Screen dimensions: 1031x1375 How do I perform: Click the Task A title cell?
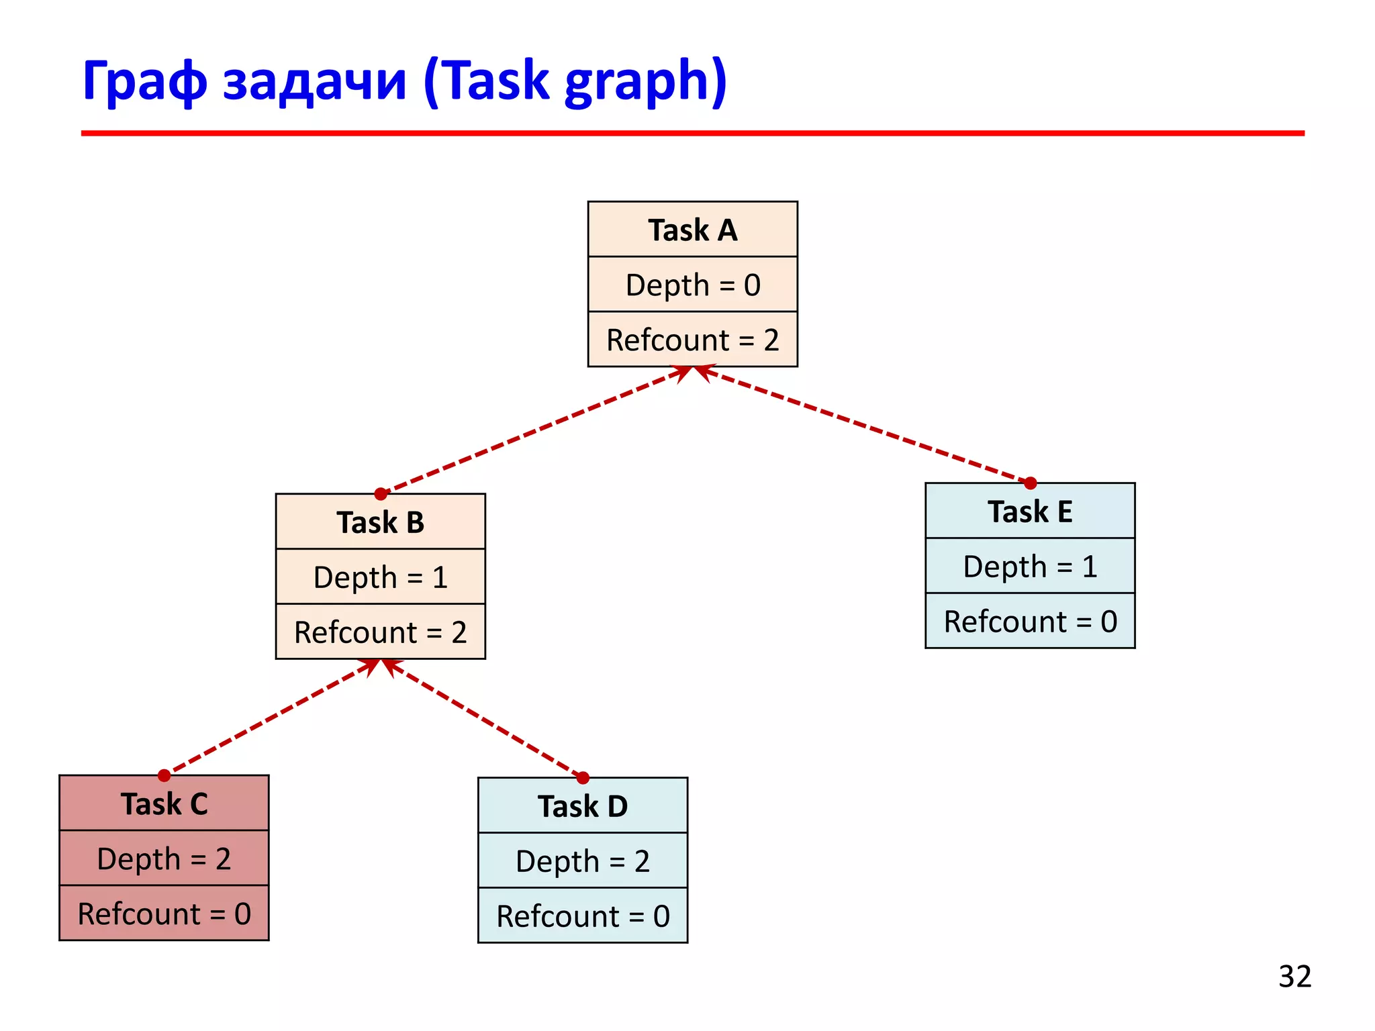(x=692, y=230)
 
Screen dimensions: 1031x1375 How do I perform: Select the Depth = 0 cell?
(x=692, y=285)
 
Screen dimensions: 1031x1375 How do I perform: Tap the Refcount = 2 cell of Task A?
(x=692, y=340)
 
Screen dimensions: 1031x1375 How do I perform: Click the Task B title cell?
(x=380, y=522)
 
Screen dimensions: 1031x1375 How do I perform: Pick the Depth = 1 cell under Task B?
(x=380, y=577)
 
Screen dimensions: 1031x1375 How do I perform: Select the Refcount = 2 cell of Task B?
(x=380, y=632)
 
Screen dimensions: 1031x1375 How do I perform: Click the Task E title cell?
(x=1030, y=511)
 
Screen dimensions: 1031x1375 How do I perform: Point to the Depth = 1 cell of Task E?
(x=1030, y=566)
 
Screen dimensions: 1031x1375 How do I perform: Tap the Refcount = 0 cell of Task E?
(x=1030, y=621)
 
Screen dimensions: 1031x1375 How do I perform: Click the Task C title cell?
(x=164, y=803)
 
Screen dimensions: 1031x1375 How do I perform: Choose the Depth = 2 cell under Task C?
(x=164, y=858)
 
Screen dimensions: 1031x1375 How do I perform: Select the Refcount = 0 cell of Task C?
(x=164, y=914)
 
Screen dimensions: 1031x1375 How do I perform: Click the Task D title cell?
(x=582, y=805)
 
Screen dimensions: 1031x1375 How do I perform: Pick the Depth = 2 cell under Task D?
(x=582, y=861)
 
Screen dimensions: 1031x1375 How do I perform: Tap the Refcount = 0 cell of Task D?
(x=582, y=916)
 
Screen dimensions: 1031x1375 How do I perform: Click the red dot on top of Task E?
(x=1031, y=483)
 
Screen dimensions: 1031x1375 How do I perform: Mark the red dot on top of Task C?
(x=164, y=775)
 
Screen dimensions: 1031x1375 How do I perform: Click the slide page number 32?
(x=1294, y=976)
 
